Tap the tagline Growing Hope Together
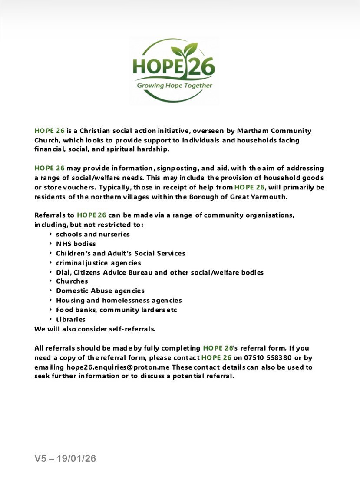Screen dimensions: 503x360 point(175,86)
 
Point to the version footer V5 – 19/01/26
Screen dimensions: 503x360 point(65,458)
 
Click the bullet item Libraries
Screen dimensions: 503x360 point(70,319)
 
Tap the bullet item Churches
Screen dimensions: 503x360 point(72,281)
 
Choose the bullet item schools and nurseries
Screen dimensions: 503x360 point(92,234)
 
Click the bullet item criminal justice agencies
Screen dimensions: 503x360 point(98,263)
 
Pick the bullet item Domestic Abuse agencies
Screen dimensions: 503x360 point(100,291)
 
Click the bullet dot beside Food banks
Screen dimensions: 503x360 point(51,310)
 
